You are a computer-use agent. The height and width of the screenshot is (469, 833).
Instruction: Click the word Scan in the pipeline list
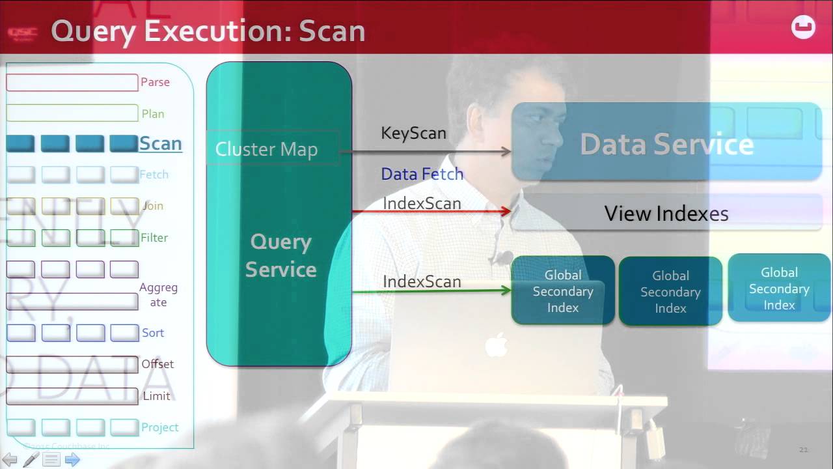160,144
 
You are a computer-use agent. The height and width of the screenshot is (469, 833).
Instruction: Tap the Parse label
155,82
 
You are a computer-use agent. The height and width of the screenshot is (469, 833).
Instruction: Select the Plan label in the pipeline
153,113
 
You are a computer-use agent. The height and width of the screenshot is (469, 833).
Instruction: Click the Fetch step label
154,175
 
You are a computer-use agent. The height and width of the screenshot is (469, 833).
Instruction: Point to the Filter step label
154,238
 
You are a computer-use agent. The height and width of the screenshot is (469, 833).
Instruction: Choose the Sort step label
153,333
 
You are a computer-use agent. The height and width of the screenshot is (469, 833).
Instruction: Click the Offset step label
157,364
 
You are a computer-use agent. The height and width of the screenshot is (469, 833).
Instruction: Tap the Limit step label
156,395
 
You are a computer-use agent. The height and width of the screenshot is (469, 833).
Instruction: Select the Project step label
159,427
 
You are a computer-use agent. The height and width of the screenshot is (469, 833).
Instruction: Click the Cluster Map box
267,149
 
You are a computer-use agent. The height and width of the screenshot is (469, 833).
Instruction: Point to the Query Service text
280,255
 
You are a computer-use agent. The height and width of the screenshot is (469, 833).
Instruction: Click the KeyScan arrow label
413,134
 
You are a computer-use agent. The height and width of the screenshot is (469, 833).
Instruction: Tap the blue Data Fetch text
422,174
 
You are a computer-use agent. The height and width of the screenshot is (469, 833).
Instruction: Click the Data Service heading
666,145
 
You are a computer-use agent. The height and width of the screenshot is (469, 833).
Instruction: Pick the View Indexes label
666,214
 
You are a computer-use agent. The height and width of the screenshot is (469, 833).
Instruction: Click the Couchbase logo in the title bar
804,28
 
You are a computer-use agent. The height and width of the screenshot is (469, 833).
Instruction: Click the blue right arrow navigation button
72,460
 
